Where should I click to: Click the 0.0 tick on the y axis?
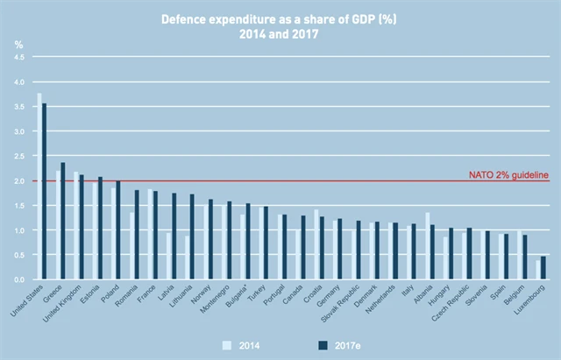19,279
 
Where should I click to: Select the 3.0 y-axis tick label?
19,131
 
